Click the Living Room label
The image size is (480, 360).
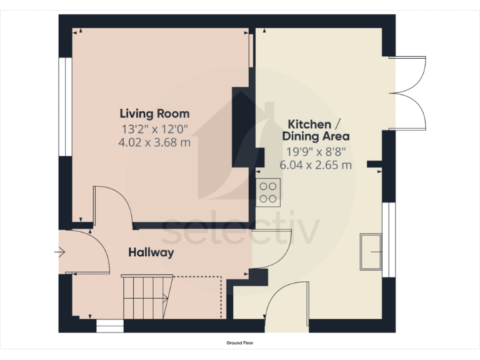pyautogui.click(x=154, y=114)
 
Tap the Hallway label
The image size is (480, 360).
pyautogui.click(x=151, y=252)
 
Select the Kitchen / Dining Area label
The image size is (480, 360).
pyautogui.click(x=316, y=130)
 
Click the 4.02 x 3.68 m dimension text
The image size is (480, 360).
pyautogui.click(x=154, y=142)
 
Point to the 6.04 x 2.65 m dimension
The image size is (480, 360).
pyautogui.click(x=316, y=165)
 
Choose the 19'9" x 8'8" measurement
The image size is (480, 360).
pyautogui.click(x=316, y=151)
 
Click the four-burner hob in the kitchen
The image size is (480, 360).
pyautogui.click(x=269, y=192)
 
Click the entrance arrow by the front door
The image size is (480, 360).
pyautogui.click(x=60, y=252)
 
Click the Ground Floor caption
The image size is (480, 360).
pyautogui.click(x=240, y=343)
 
